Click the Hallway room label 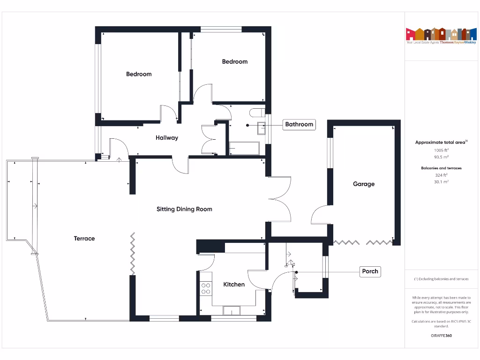[167, 138]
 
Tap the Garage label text [364, 184]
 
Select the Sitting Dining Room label [184, 209]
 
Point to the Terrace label [84, 239]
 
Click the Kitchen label [234, 285]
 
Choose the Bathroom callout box [299, 124]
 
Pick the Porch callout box [370, 271]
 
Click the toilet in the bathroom [257, 113]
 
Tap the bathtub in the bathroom [244, 148]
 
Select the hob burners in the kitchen [205, 288]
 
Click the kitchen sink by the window [231, 310]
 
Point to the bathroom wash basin [261, 125]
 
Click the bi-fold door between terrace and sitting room [133, 254]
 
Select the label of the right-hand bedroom [234, 61]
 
